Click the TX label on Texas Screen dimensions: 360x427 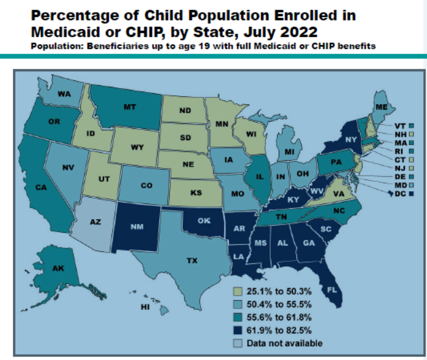coord(191,261)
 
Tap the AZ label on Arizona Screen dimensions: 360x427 coord(95,222)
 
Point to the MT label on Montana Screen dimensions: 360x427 coord(130,107)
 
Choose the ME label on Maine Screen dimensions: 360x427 coord(381,107)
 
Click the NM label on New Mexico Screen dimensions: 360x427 coord(137,227)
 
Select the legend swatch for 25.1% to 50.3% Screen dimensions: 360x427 coord(238,292)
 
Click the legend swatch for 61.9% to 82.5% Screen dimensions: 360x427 coord(238,330)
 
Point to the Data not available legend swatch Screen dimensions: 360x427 coord(238,343)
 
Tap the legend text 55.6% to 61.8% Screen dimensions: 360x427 coord(276,317)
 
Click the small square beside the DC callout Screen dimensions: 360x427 coord(412,194)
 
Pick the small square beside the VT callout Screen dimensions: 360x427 coord(412,126)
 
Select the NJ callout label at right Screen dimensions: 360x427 coord(399,168)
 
